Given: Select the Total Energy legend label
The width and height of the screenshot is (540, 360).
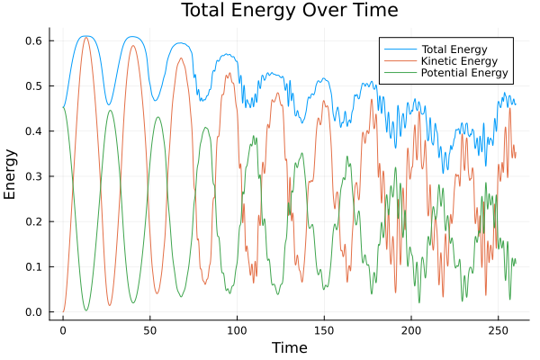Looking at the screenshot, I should pyautogui.click(x=455, y=48).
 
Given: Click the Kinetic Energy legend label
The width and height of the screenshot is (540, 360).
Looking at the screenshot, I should pyautogui.click(x=460, y=60).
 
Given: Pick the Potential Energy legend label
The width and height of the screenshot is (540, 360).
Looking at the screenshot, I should pyautogui.click(x=465, y=73).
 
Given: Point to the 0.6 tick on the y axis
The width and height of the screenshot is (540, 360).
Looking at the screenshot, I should pyautogui.click(x=33, y=41).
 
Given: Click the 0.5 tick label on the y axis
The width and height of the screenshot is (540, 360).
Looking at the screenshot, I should pyautogui.click(x=33, y=86).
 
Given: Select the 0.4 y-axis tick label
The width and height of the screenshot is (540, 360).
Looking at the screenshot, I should pyautogui.click(x=33, y=131).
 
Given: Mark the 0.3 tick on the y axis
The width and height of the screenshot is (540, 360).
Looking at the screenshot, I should pyautogui.click(x=33, y=176).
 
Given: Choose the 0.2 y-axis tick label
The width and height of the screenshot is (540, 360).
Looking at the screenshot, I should pyautogui.click(x=33, y=221).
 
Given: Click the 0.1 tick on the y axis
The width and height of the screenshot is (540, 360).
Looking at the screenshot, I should pyautogui.click(x=33, y=267).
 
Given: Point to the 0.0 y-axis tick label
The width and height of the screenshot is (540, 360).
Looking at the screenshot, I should pyautogui.click(x=33, y=312).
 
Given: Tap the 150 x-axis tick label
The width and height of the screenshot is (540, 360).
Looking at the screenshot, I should pyautogui.click(x=324, y=329).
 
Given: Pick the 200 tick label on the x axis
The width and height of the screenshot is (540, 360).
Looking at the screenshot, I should pyautogui.click(x=411, y=329).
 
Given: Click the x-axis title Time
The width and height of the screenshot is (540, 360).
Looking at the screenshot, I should pyautogui.click(x=289, y=347).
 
